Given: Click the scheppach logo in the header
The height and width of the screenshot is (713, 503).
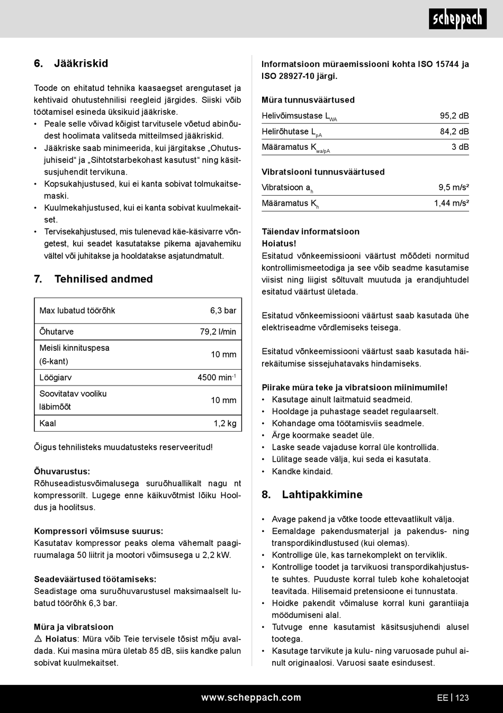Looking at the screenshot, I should click(x=457, y=19).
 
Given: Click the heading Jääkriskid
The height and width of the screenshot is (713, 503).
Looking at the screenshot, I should click(x=80, y=63).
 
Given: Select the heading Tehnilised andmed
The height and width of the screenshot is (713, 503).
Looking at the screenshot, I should click(x=103, y=279).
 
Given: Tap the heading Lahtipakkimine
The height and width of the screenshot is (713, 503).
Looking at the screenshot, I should click(x=322, y=495).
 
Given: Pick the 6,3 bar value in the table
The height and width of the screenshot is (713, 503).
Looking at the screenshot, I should click(x=223, y=311).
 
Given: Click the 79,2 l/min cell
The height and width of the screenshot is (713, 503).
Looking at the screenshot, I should click(x=218, y=332).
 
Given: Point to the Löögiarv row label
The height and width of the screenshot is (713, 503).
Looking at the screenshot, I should click(x=56, y=378).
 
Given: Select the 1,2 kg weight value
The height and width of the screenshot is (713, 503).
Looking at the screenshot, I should click(x=225, y=424).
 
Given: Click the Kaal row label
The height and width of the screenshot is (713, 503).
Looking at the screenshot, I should click(x=48, y=424).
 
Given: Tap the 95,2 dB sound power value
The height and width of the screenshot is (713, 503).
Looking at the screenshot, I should click(x=454, y=116).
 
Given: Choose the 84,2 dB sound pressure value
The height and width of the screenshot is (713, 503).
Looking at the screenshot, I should click(x=454, y=132).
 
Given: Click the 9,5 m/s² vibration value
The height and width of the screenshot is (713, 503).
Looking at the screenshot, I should click(x=453, y=187).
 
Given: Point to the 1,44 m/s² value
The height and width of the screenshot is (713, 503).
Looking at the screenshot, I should click(x=451, y=203).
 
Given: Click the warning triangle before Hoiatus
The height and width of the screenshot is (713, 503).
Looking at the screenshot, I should click(x=38, y=639).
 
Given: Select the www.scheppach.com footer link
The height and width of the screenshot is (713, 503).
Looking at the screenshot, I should click(x=251, y=698).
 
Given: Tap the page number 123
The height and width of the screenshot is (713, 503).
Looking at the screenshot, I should click(x=462, y=698).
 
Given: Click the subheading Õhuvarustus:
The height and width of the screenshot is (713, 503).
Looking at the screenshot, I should click(x=62, y=471).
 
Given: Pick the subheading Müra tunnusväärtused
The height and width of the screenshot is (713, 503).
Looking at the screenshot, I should click(x=308, y=100).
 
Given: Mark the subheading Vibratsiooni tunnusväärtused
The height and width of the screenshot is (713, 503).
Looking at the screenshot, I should click(x=323, y=172).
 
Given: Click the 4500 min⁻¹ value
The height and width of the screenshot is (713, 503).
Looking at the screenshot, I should click(x=217, y=378).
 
